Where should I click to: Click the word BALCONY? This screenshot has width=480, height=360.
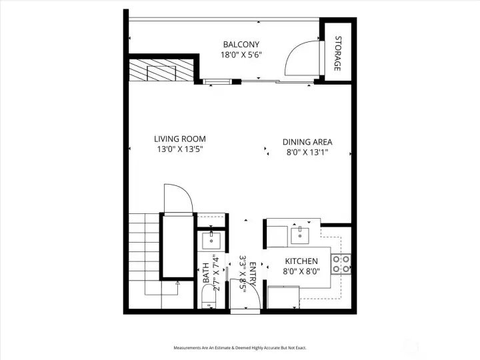(240, 45)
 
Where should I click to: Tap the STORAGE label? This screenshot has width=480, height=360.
(338, 54)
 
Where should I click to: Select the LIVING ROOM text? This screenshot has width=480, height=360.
(179, 139)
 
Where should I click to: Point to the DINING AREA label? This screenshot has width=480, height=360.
(307, 141)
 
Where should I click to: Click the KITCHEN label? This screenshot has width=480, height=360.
(301, 261)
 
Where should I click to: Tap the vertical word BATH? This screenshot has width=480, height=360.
(206, 273)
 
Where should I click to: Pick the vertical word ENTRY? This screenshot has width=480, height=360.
(253, 273)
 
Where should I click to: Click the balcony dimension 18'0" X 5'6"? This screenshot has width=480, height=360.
(240, 55)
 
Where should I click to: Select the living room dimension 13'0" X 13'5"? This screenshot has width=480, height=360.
(179, 149)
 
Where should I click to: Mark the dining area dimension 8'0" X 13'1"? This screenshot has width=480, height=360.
(307, 152)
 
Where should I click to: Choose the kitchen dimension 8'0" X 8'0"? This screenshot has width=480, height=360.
(301, 271)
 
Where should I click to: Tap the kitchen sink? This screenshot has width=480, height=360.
(299, 234)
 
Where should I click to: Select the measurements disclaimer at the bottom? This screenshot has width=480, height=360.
(239, 348)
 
